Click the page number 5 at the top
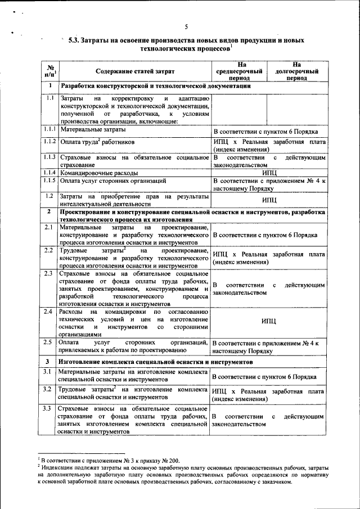click(185, 26)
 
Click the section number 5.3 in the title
click(74, 41)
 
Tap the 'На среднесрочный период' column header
click(240, 71)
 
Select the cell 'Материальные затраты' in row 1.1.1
click(90, 130)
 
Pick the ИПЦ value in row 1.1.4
click(268, 173)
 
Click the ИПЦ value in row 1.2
click(268, 200)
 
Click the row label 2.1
click(49, 227)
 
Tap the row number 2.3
click(49, 273)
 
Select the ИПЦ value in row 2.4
click(268, 322)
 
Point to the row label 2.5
click(49, 342)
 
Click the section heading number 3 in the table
click(49, 361)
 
